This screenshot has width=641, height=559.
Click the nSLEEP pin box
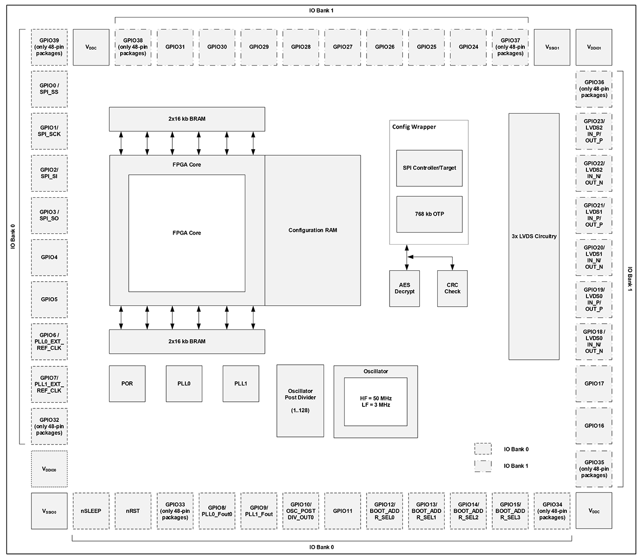(91, 511)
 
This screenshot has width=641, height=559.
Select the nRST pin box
(133, 511)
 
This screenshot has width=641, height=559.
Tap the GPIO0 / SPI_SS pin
(49, 89)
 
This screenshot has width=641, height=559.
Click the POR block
(127, 383)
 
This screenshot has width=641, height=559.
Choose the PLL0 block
(184, 383)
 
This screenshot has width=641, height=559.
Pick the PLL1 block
(241, 383)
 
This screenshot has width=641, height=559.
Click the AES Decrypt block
(405, 289)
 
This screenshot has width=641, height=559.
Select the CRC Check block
(452, 289)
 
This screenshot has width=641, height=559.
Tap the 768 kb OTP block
(430, 214)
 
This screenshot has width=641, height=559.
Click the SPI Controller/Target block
(429, 168)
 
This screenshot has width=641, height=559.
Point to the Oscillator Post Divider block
(300, 401)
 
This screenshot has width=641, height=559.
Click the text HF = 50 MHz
(376, 398)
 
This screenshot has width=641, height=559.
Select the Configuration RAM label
(312, 230)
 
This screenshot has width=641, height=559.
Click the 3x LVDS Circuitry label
(534, 236)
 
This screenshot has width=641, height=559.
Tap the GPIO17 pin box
(594, 383)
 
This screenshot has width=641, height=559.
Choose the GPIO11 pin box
(343, 511)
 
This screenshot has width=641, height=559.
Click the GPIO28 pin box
(301, 47)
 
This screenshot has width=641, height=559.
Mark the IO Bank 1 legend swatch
(483, 466)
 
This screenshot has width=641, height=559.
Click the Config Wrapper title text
(414, 127)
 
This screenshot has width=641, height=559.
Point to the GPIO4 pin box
(49, 257)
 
